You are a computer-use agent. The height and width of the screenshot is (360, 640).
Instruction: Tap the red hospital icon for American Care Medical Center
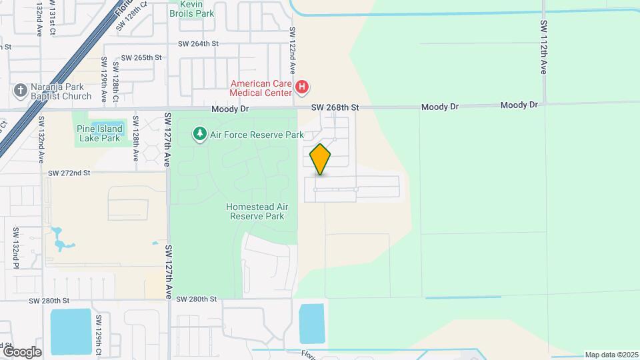[x=302, y=87]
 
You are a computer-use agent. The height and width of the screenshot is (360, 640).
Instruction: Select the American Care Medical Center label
[x=261, y=88]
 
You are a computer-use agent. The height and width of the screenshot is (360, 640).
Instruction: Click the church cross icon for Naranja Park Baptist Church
[x=21, y=89]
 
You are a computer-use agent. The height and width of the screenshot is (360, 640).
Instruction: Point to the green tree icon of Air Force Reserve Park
[x=199, y=135]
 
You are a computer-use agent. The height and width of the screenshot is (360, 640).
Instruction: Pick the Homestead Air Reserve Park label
[x=255, y=211]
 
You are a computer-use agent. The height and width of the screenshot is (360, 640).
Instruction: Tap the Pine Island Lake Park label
[x=99, y=133]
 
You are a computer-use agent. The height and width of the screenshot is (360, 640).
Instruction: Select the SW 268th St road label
[x=335, y=107]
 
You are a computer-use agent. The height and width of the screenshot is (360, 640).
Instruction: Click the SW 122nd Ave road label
[x=292, y=51]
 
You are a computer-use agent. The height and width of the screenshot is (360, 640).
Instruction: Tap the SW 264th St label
[x=198, y=44]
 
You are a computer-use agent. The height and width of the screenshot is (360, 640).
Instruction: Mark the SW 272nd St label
[x=68, y=173]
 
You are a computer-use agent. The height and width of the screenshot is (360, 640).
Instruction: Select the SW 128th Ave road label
[x=135, y=138]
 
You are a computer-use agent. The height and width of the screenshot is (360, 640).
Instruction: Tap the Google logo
[x=22, y=351]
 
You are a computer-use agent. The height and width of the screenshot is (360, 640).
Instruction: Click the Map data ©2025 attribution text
[x=611, y=355]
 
